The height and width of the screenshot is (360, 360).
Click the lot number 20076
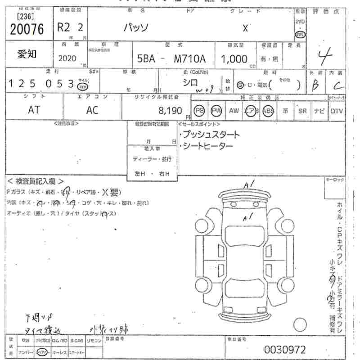coord(27,30)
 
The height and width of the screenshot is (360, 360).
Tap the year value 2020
coord(67,58)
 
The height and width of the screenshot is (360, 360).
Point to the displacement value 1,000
coord(234,59)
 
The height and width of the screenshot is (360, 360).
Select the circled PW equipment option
coord(217,111)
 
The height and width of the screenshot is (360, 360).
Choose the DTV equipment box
coord(336,111)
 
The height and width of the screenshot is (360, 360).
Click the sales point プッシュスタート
coord(209,135)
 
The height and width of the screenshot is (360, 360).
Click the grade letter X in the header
coord(245,28)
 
